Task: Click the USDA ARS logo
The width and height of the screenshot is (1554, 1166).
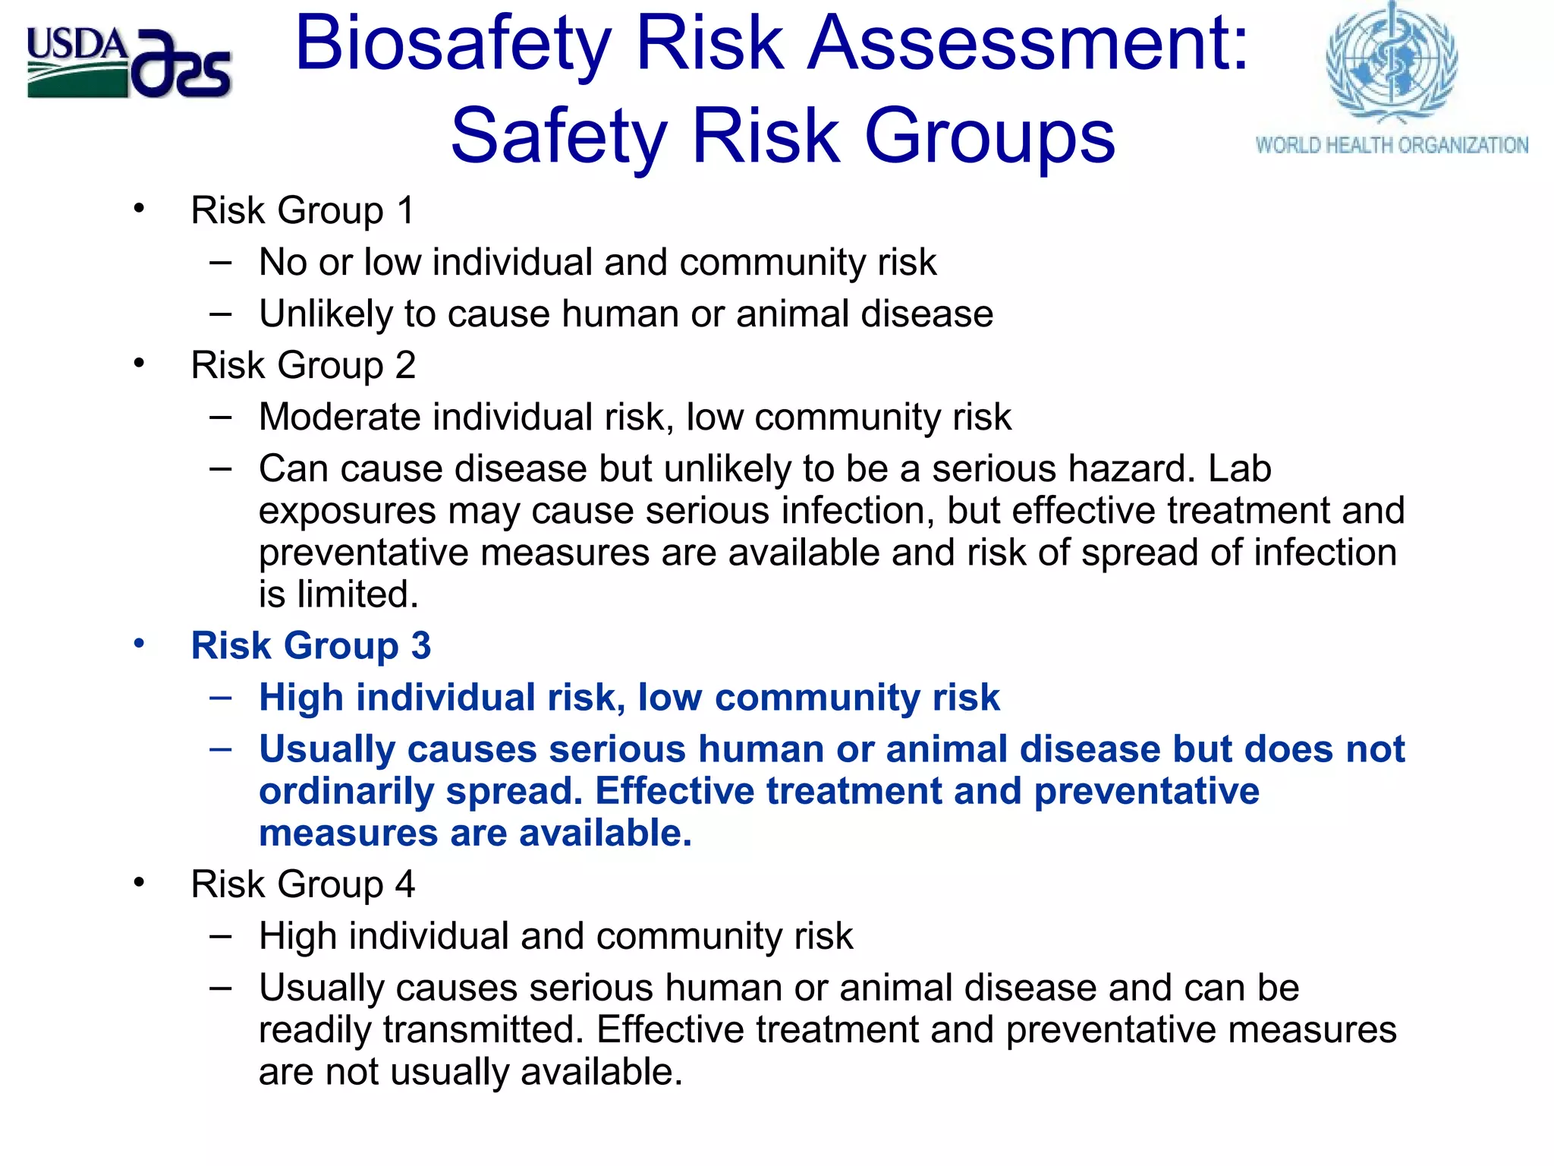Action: click(x=129, y=64)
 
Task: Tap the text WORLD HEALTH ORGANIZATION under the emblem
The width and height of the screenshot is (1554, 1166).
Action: click(x=1392, y=145)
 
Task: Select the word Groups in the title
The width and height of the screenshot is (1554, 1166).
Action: click(x=989, y=137)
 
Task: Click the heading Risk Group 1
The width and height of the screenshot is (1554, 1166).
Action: click(x=303, y=210)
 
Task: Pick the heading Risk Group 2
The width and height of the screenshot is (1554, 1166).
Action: click(x=303, y=365)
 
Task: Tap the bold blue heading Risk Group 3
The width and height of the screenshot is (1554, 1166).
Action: click(x=310, y=646)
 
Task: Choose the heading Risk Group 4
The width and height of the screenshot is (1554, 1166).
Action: click(x=303, y=884)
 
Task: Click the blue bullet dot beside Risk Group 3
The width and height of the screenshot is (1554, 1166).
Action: click(x=139, y=644)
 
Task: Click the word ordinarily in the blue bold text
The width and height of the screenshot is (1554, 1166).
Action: click(x=346, y=791)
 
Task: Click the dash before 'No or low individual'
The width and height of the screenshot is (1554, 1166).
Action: click(x=221, y=263)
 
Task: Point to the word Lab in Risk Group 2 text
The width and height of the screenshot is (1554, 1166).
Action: click(x=1240, y=468)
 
